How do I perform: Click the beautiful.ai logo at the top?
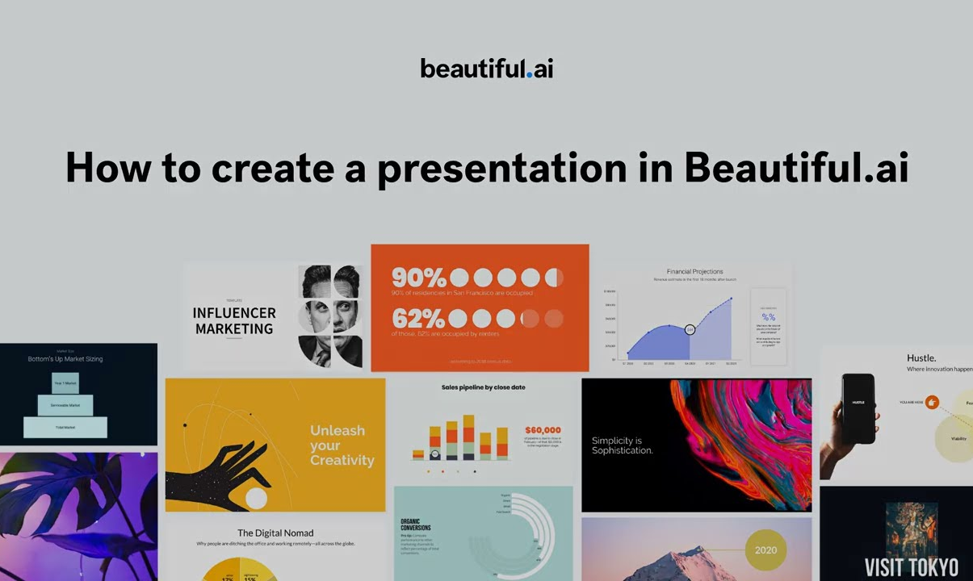tap(487, 69)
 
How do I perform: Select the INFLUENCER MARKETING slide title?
tap(234, 320)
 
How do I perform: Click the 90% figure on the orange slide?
tap(418, 278)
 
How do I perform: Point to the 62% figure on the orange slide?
tap(418, 318)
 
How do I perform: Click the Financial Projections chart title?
tap(694, 272)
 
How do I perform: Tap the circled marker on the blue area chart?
tap(690, 329)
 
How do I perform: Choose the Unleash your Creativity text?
tap(342, 445)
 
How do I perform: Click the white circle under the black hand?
tap(256, 499)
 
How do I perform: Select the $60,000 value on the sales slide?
tap(542, 430)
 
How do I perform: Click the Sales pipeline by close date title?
tap(483, 387)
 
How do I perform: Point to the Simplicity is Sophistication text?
tap(622, 445)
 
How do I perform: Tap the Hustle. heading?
tap(921, 357)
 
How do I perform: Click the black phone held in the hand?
tap(858, 408)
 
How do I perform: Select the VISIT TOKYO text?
tap(911, 567)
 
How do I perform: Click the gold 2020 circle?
tap(765, 550)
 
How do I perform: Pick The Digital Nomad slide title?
tap(275, 533)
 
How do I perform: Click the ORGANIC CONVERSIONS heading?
tap(415, 525)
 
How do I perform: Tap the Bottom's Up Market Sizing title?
tap(65, 358)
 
